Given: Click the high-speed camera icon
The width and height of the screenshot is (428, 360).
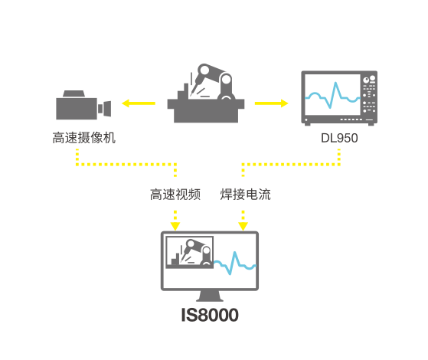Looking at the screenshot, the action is tap(83, 105).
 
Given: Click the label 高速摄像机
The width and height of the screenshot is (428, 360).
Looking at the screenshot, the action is tap(84, 138).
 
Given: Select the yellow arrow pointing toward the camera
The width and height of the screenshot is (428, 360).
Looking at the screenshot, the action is tap(139, 103).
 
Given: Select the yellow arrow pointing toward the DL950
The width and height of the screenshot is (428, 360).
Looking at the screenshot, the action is tap(271, 103).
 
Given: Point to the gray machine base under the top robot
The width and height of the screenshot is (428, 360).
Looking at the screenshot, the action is tap(206, 110).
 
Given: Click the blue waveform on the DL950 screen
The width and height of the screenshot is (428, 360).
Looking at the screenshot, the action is tap(332, 95).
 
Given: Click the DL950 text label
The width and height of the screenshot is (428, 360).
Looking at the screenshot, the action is tap(339, 138).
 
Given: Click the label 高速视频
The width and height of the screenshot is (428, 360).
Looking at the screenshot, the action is tap(175, 195).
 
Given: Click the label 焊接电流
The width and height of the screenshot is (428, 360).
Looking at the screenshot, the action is tap(245, 195).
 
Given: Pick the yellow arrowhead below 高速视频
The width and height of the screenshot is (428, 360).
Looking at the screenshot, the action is tap(175, 227).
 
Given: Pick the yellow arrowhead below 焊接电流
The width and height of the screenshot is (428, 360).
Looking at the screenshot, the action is tap(243, 227).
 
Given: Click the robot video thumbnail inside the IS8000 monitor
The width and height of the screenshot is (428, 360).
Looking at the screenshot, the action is tap(190, 252).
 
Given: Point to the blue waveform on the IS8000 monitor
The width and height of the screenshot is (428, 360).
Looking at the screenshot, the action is tap(235, 263).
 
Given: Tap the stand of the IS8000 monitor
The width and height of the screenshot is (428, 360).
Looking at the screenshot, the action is tap(210, 296).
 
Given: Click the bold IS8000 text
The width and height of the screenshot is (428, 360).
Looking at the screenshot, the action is tap(210, 315).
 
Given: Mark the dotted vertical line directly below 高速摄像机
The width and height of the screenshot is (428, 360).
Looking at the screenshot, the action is tap(77, 157).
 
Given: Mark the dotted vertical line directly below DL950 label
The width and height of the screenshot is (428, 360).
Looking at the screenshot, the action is tap(339, 157).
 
